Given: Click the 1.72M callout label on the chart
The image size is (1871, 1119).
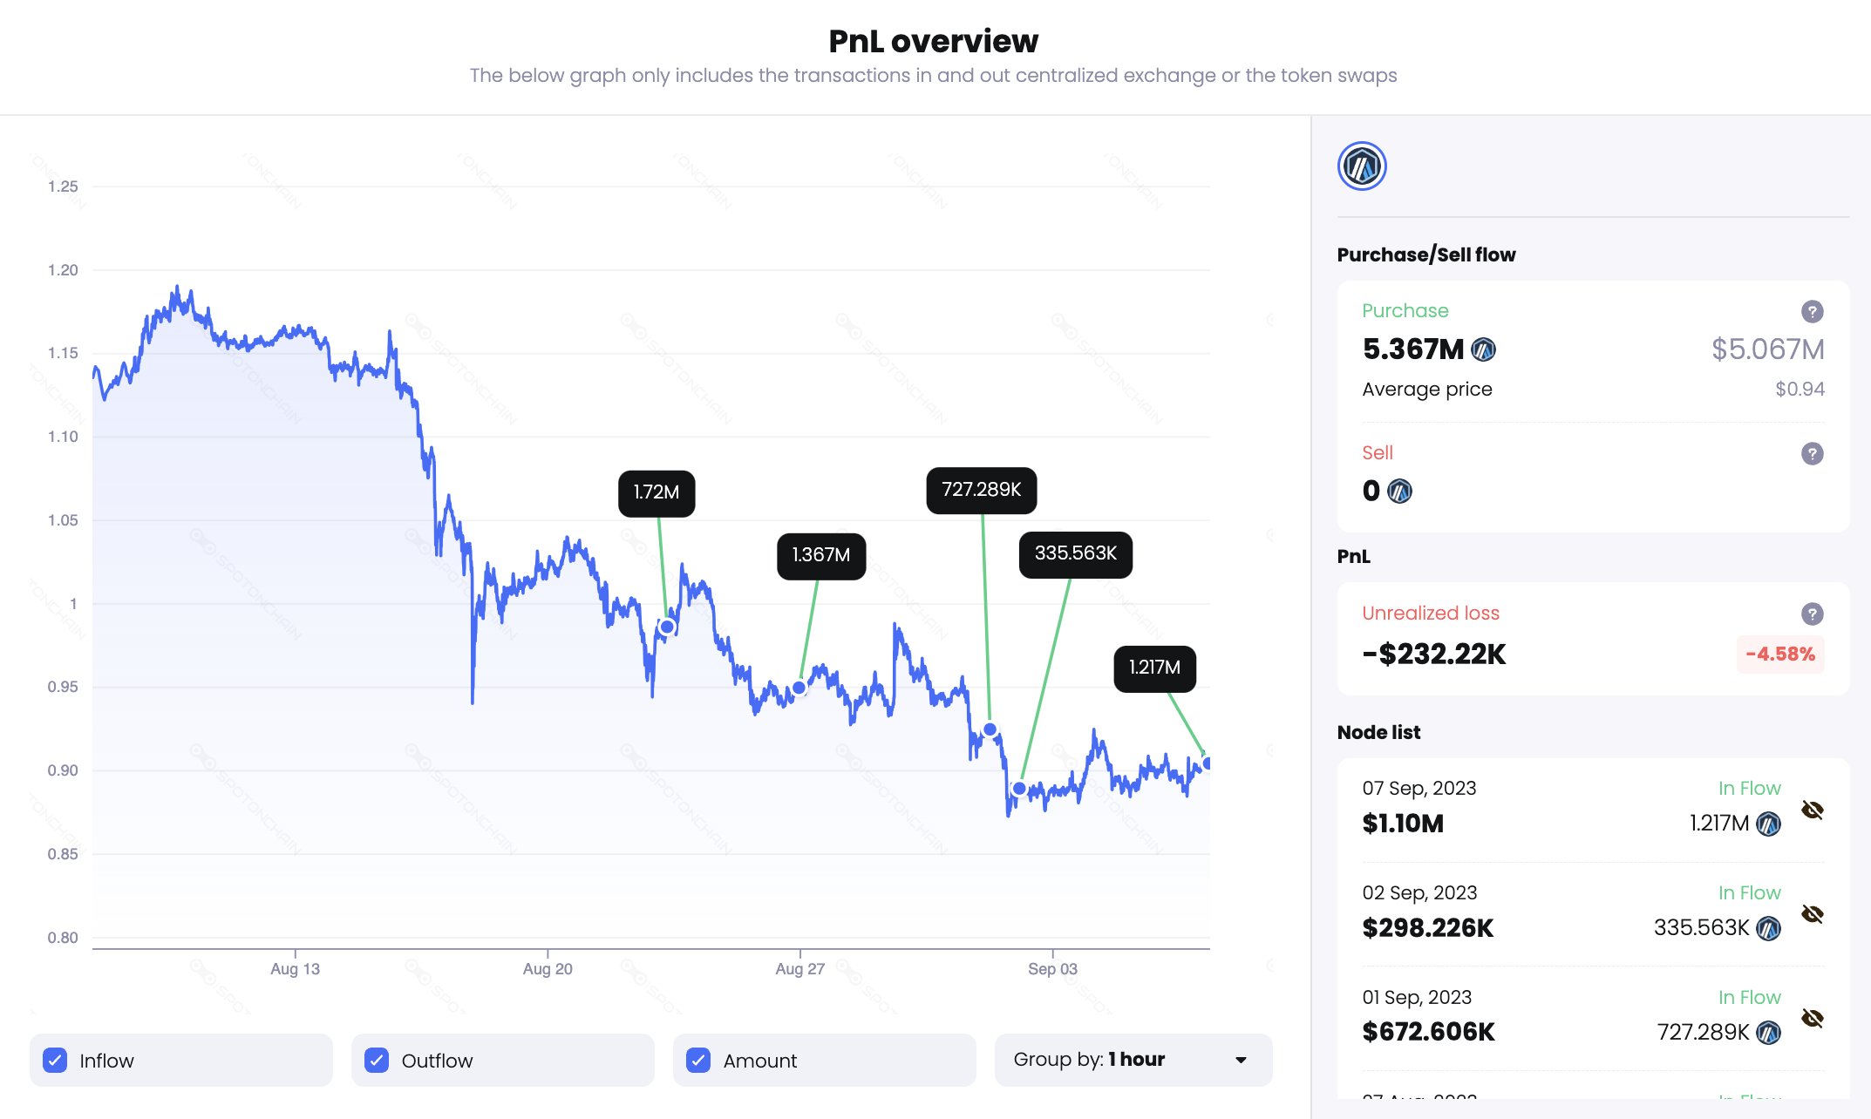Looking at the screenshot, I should click(x=657, y=493).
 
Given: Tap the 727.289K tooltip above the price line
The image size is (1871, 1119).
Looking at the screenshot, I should click(x=981, y=490).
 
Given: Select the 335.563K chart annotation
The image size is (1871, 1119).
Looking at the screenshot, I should click(x=1075, y=554).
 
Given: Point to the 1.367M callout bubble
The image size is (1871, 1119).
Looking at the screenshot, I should click(x=820, y=556).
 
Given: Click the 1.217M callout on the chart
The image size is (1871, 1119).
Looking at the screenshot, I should click(x=1154, y=668).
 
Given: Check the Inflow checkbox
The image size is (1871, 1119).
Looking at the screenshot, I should click(x=55, y=1060).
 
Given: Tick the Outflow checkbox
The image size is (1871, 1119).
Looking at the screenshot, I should click(x=377, y=1060).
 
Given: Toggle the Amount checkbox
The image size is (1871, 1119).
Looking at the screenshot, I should click(x=698, y=1060).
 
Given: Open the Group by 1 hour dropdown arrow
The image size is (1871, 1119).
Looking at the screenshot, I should click(x=1241, y=1060).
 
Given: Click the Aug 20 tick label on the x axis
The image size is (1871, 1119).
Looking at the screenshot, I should click(x=548, y=969).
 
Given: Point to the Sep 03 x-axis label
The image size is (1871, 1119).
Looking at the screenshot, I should click(x=1052, y=969).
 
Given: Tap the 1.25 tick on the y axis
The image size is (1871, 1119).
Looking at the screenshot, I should click(x=63, y=186).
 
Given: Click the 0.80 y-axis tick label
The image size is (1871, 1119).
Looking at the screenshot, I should click(x=63, y=938).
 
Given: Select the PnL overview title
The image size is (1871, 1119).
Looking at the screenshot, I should click(x=933, y=41).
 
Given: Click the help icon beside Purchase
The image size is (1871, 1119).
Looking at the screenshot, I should click(x=1812, y=311).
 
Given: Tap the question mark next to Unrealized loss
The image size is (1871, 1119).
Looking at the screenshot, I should click(x=1812, y=614).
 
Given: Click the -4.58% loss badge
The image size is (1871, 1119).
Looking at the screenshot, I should click(x=1779, y=654).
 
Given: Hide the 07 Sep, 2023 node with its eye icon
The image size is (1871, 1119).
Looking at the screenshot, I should click(x=1812, y=810).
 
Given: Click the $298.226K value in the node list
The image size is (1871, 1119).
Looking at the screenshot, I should click(x=1427, y=928).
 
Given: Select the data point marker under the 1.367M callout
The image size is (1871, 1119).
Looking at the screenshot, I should click(x=799, y=688).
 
